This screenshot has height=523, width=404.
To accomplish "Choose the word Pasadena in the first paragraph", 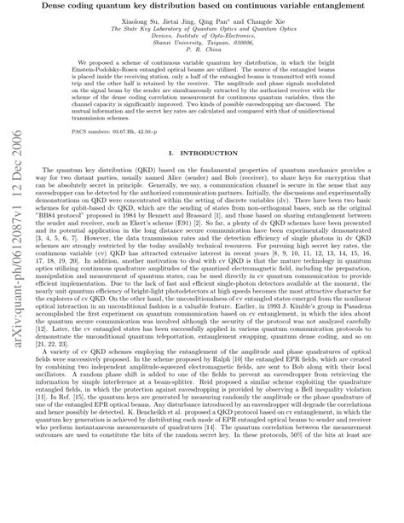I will tap(361, 359).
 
